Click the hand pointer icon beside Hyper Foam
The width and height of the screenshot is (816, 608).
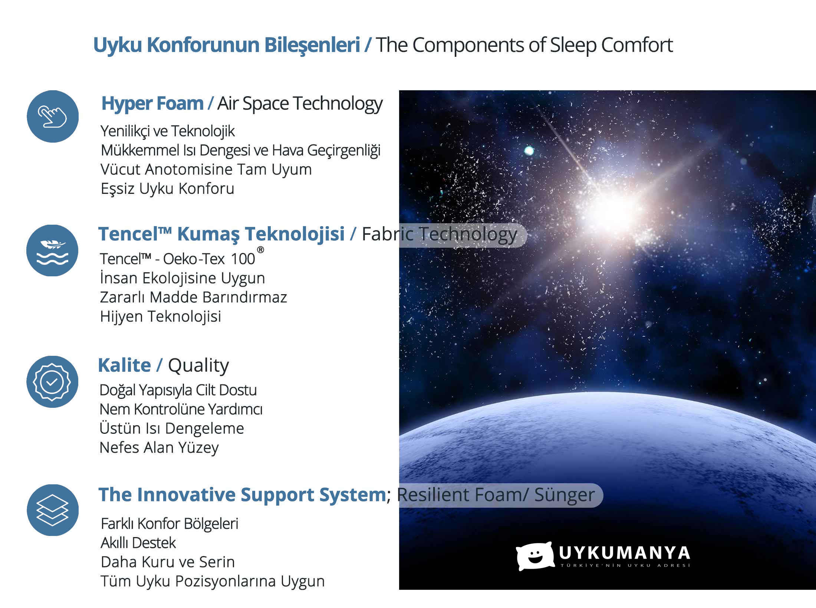(53, 116)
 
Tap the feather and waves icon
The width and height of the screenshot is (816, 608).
(52, 250)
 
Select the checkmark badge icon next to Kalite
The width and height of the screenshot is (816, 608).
(52, 382)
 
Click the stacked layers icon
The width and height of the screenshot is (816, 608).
(53, 510)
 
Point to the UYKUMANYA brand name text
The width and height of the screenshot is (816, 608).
(625, 553)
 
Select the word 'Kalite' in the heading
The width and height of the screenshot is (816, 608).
(125, 365)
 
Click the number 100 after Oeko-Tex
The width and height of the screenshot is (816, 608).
(243, 259)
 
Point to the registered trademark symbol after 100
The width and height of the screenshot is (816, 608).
(261, 250)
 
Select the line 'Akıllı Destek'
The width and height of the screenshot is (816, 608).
(138, 543)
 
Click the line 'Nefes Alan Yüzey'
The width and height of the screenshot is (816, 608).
(159, 448)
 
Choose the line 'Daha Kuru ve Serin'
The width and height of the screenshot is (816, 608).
(168, 562)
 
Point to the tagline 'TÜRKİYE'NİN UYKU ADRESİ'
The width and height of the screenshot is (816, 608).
(625, 565)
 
